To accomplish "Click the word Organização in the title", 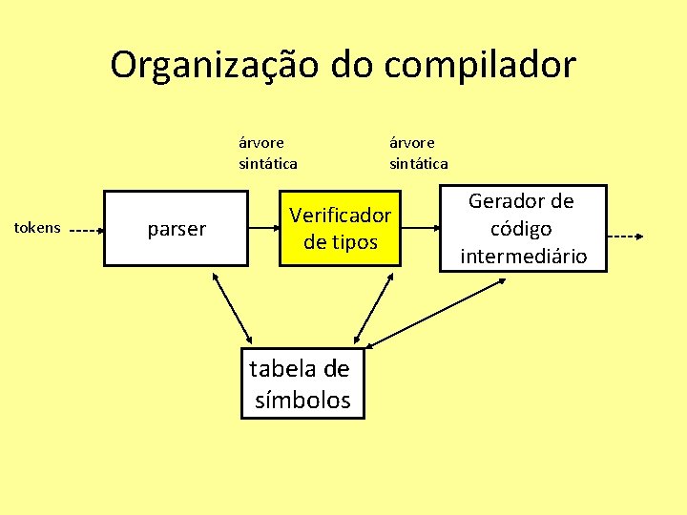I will click(x=215, y=65).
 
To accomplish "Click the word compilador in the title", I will click(x=483, y=65).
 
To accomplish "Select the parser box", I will click(x=177, y=229).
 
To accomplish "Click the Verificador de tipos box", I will click(x=340, y=228).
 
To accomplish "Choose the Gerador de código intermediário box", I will click(x=521, y=229).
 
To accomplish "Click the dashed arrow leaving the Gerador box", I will click(x=628, y=236).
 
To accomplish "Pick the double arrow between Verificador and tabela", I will click(x=372, y=307).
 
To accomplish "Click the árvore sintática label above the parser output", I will click(x=268, y=153).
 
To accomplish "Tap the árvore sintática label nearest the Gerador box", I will click(x=418, y=153).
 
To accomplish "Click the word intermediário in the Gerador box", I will click(x=522, y=257).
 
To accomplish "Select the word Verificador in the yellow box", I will click(x=341, y=215).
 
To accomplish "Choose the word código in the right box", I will click(x=521, y=229).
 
